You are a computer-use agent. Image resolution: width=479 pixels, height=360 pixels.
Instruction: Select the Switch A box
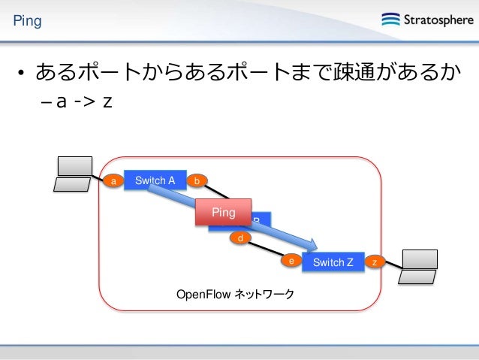[x=155, y=180]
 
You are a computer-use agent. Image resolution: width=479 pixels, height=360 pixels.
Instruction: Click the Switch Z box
[x=333, y=262]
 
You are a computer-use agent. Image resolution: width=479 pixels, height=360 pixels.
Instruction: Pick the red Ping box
[x=223, y=213]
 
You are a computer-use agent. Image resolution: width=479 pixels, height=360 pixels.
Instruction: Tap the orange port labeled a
[x=113, y=181]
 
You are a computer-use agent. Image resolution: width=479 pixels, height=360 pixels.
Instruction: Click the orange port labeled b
[x=197, y=180]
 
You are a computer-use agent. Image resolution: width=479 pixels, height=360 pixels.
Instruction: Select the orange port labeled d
[x=240, y=238]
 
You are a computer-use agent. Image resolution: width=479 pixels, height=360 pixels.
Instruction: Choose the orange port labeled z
[x=375, y=262]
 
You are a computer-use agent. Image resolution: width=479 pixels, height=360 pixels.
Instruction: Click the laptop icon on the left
[x=74, y=175]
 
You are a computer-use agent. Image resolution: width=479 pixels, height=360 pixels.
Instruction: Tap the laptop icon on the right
[x=419, y=265]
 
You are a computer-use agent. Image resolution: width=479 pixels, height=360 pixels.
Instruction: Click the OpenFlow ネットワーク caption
[x=235, y=294]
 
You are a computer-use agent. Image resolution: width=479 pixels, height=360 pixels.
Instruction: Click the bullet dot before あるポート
[x=24, y=74]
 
